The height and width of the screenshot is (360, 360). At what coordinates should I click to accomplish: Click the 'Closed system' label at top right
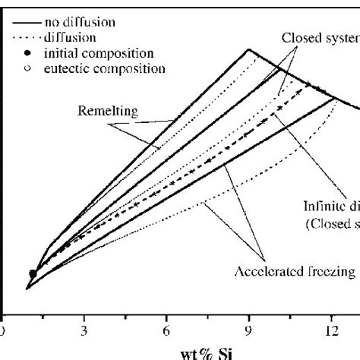point(319,37)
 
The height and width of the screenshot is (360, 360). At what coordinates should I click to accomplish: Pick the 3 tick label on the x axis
point(84,329)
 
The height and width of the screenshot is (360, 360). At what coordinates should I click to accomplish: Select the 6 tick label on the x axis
point(167,329)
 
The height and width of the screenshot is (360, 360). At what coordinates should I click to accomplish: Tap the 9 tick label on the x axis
point(249,329)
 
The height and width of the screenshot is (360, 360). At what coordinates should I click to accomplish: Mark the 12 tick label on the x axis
point(331,329)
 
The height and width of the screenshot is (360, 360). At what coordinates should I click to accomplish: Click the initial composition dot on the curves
point(32,273)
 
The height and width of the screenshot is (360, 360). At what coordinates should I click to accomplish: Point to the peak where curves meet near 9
point(249,50)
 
